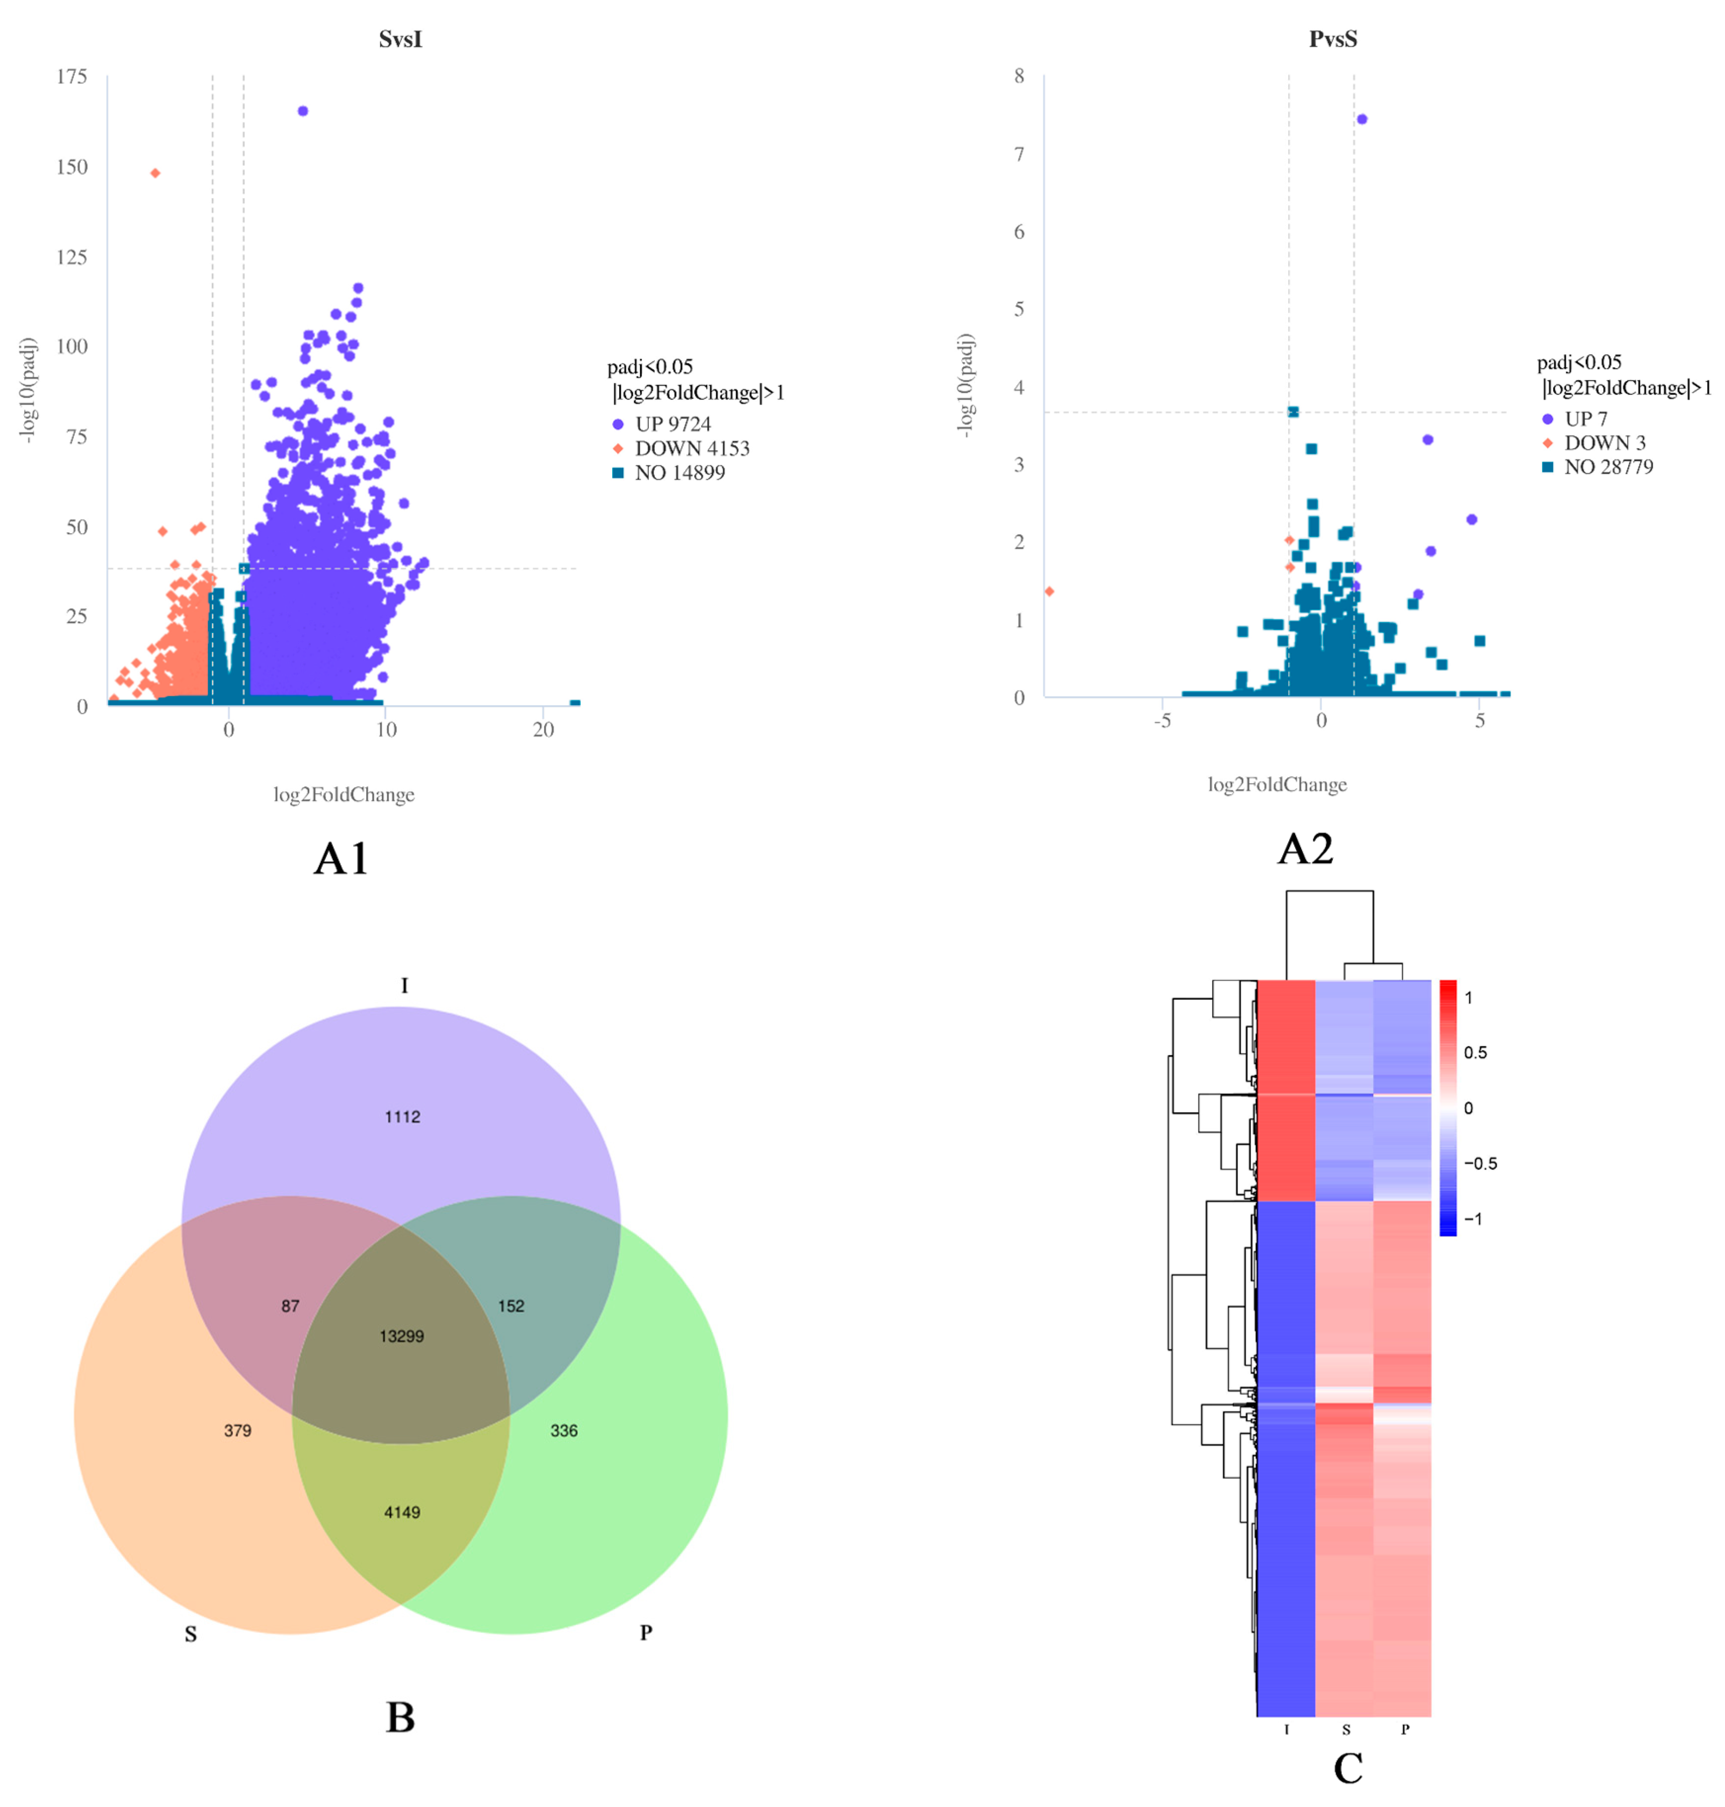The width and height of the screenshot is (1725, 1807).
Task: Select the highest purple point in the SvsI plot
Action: coord(302,111)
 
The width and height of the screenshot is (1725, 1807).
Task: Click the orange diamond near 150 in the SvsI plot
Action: coord(155,173)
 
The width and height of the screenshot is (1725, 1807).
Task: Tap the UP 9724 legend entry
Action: coord(672,424)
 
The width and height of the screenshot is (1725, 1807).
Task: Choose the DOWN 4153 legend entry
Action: coord(691,449)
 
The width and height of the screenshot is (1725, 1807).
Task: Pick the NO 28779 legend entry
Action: coord(1607,467)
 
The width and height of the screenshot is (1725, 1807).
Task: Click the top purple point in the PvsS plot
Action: coord(1362,120)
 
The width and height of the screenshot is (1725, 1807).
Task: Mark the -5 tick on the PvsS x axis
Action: coord(1163,721)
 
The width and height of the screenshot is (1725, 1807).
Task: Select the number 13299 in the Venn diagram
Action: coord(402,1336)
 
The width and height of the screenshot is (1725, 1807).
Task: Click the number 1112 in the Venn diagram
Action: coord(402,1116)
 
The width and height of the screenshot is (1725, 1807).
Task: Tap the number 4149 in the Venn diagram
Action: coord(402,1512)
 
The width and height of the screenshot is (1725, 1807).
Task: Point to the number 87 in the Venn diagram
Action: coord(291,1306)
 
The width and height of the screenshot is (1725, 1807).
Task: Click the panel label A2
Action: coord(1305,848)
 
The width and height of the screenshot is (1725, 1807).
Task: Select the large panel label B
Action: coord(400,1718)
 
